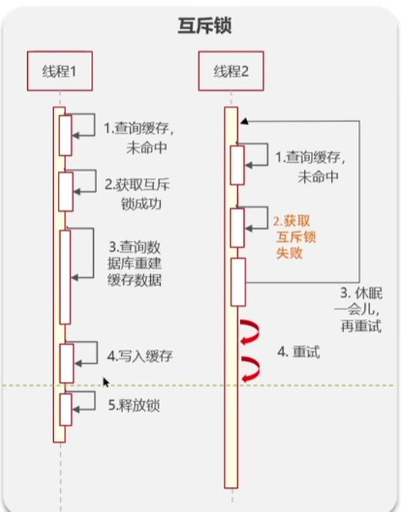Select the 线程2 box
point(229,71)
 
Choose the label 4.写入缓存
point(140,356)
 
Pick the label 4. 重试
point(300,351)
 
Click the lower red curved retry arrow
point(249,366)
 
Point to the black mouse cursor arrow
point(106,381)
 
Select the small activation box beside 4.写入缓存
point(65,363)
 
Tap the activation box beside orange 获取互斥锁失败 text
point(237,227)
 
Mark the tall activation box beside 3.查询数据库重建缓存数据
point(65,276)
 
